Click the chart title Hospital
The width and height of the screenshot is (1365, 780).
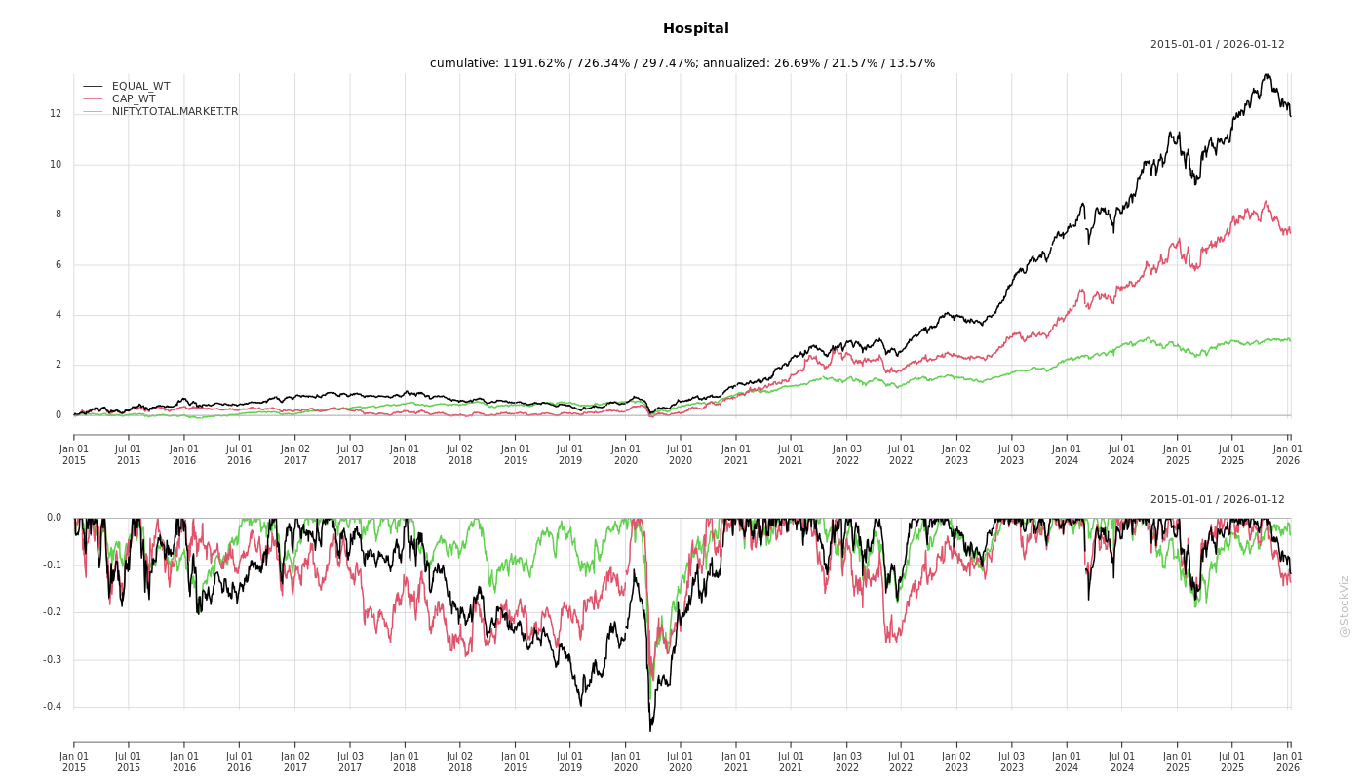(x=695, y=29)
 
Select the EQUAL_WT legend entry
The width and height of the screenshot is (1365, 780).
(x=140, y=87)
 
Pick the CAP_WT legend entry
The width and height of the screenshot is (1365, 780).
(x=134, y=99)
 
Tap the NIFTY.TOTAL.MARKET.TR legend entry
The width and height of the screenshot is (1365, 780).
(x=175, y=112)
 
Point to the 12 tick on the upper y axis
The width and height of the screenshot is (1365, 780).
(x=56, y=114)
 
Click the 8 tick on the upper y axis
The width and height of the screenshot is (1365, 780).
(x=58, y=214)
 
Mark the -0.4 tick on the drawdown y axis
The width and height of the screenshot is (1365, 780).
(x=52, y=707)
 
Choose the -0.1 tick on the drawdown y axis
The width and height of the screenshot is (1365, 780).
(x=52, y=565)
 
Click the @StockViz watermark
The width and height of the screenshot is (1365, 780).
(x=1345, y=605)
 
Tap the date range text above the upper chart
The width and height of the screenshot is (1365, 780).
(x=1217, y=45)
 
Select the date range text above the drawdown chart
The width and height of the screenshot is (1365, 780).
(x=1217, y=500)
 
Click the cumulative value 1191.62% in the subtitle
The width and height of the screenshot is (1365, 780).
(x=535, y=63)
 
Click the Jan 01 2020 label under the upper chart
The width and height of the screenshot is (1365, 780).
(x=626, y=454)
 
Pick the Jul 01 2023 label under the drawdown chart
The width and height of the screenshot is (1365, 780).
(x=1011, y=761)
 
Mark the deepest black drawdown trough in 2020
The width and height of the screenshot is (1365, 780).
(x=650, y=730)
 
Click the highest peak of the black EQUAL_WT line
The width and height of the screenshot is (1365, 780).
(x=1267, y=74)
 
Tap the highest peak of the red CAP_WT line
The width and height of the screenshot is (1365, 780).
(x=1266, y=202)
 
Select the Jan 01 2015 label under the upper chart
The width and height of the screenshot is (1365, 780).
(x=74, y=454)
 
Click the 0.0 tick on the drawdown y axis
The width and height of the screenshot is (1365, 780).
(x=54, y=518)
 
